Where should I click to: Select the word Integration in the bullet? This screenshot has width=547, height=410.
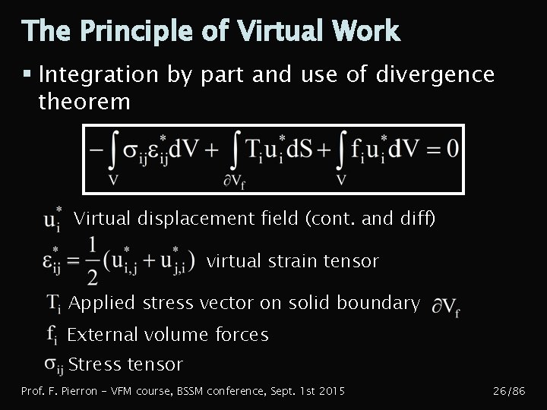tap(98, 75)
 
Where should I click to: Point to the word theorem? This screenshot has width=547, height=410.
tap(84, 101)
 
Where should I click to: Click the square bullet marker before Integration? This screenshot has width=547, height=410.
tap(27, 74)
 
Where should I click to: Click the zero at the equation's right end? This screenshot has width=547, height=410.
tap(451, 149)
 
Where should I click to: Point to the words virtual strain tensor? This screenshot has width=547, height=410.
tap(292, 261)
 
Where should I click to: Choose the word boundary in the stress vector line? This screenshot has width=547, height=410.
tap(384, 303)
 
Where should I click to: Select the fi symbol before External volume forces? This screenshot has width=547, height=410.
tap(52, 335)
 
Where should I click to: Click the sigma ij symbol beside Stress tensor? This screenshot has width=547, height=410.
tap(53, 365)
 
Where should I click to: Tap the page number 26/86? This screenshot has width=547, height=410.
tap(509, 391)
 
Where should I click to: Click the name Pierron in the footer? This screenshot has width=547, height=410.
tap(78, 391)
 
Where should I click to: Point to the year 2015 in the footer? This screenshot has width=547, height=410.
tap(331, 391)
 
